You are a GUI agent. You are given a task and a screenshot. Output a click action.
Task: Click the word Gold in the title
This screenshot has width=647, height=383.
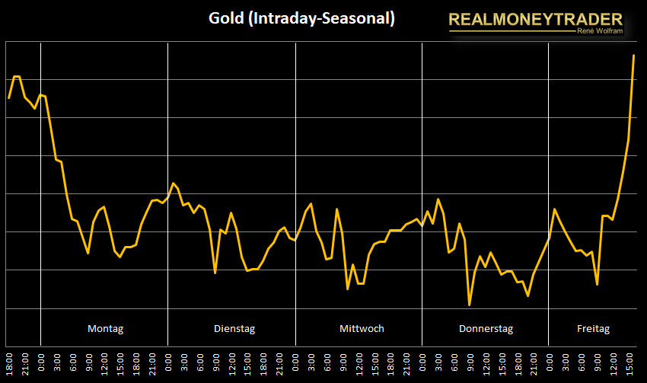[225, 18]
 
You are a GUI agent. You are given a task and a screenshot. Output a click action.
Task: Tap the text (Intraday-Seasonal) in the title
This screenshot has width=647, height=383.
[321, 18]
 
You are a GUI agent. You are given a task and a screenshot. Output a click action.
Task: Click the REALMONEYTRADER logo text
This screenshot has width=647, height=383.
[535, 19]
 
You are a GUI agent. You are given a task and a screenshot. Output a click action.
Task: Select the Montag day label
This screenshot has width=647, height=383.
[105, 329]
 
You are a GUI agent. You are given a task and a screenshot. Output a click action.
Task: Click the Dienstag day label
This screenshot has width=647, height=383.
[234, 329]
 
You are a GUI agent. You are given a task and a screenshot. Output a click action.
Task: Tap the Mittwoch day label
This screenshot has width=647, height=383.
[362, 329]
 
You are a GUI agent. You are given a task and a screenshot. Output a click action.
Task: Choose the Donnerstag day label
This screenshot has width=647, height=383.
[486, 329]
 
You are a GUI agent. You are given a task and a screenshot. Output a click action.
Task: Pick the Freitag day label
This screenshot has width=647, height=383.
[594, 329]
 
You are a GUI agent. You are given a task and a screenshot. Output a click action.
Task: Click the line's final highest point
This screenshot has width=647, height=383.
[633, 56]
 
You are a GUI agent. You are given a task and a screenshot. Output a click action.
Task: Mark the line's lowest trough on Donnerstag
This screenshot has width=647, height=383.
[470, 305]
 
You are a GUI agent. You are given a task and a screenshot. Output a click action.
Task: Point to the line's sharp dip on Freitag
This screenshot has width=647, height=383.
[598, 284]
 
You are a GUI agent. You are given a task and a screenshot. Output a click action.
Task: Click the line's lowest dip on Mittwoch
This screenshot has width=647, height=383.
[347, 288]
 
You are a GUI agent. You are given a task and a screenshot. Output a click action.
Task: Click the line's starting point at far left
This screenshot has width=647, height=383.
[9, 98]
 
